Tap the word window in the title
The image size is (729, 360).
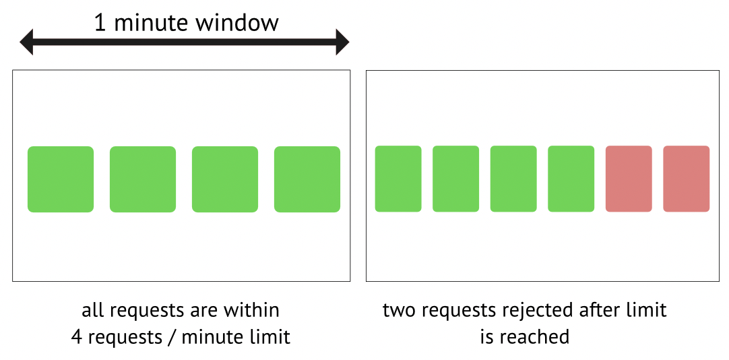pyautogui.click(x=237, y=22)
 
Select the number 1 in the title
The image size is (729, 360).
pyautogui.click(x=100, y=22)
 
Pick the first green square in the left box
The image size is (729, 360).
pyautogui.click(x=61, y=179)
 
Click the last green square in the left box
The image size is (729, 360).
pyautogui.click(x=307, y=179)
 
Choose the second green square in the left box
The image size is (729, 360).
pyautogui.click(x=143, y=179)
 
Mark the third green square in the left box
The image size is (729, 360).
pyautogui.click(x=225, y=179)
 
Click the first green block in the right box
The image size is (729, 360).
pyautogui.click(x=398, y=179)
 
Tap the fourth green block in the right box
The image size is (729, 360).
pyautogui.click(x=571, y=179)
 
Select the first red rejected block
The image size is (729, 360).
pyautogui.click(x=629, y=179)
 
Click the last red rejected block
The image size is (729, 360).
pyautogui.click(x=687, y=179)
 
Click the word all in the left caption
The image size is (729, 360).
pyautogui.click(x=92, y=311)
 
